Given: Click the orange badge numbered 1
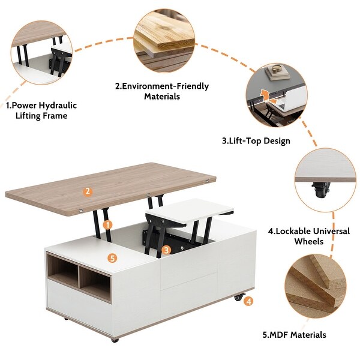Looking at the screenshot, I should tap(108, 224).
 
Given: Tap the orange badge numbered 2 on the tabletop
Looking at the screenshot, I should tap(88, 191).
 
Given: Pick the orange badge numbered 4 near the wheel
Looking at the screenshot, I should tap(248, 302).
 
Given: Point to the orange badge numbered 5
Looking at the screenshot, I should tap(111, 258).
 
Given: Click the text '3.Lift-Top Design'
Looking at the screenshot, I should tap(256, 141).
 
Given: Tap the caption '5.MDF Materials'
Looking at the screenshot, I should tap(293, 335).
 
